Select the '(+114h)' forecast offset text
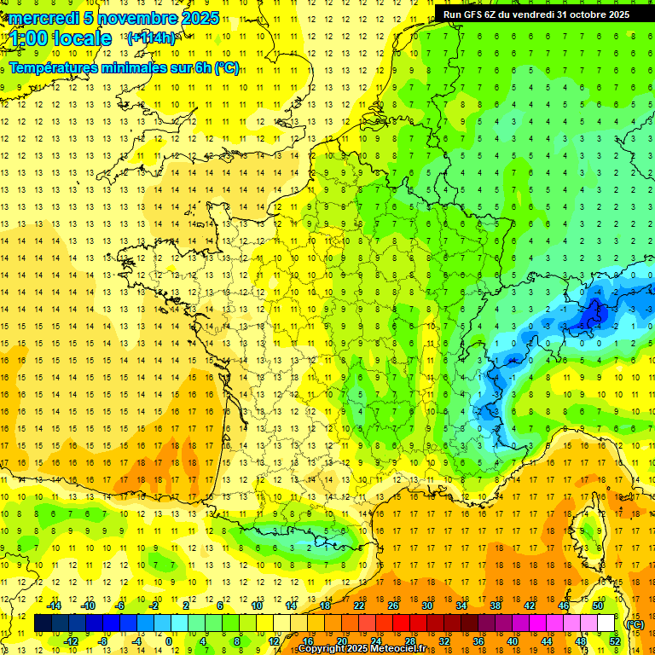151,38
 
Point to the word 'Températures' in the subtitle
55,68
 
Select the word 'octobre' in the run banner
580,14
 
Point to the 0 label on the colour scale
168,641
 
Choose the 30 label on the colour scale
427,606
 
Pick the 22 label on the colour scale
359,606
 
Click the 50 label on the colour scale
598,606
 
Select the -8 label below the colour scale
102,641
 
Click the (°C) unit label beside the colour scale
635,624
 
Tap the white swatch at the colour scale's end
606,623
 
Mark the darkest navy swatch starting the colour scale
43,623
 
